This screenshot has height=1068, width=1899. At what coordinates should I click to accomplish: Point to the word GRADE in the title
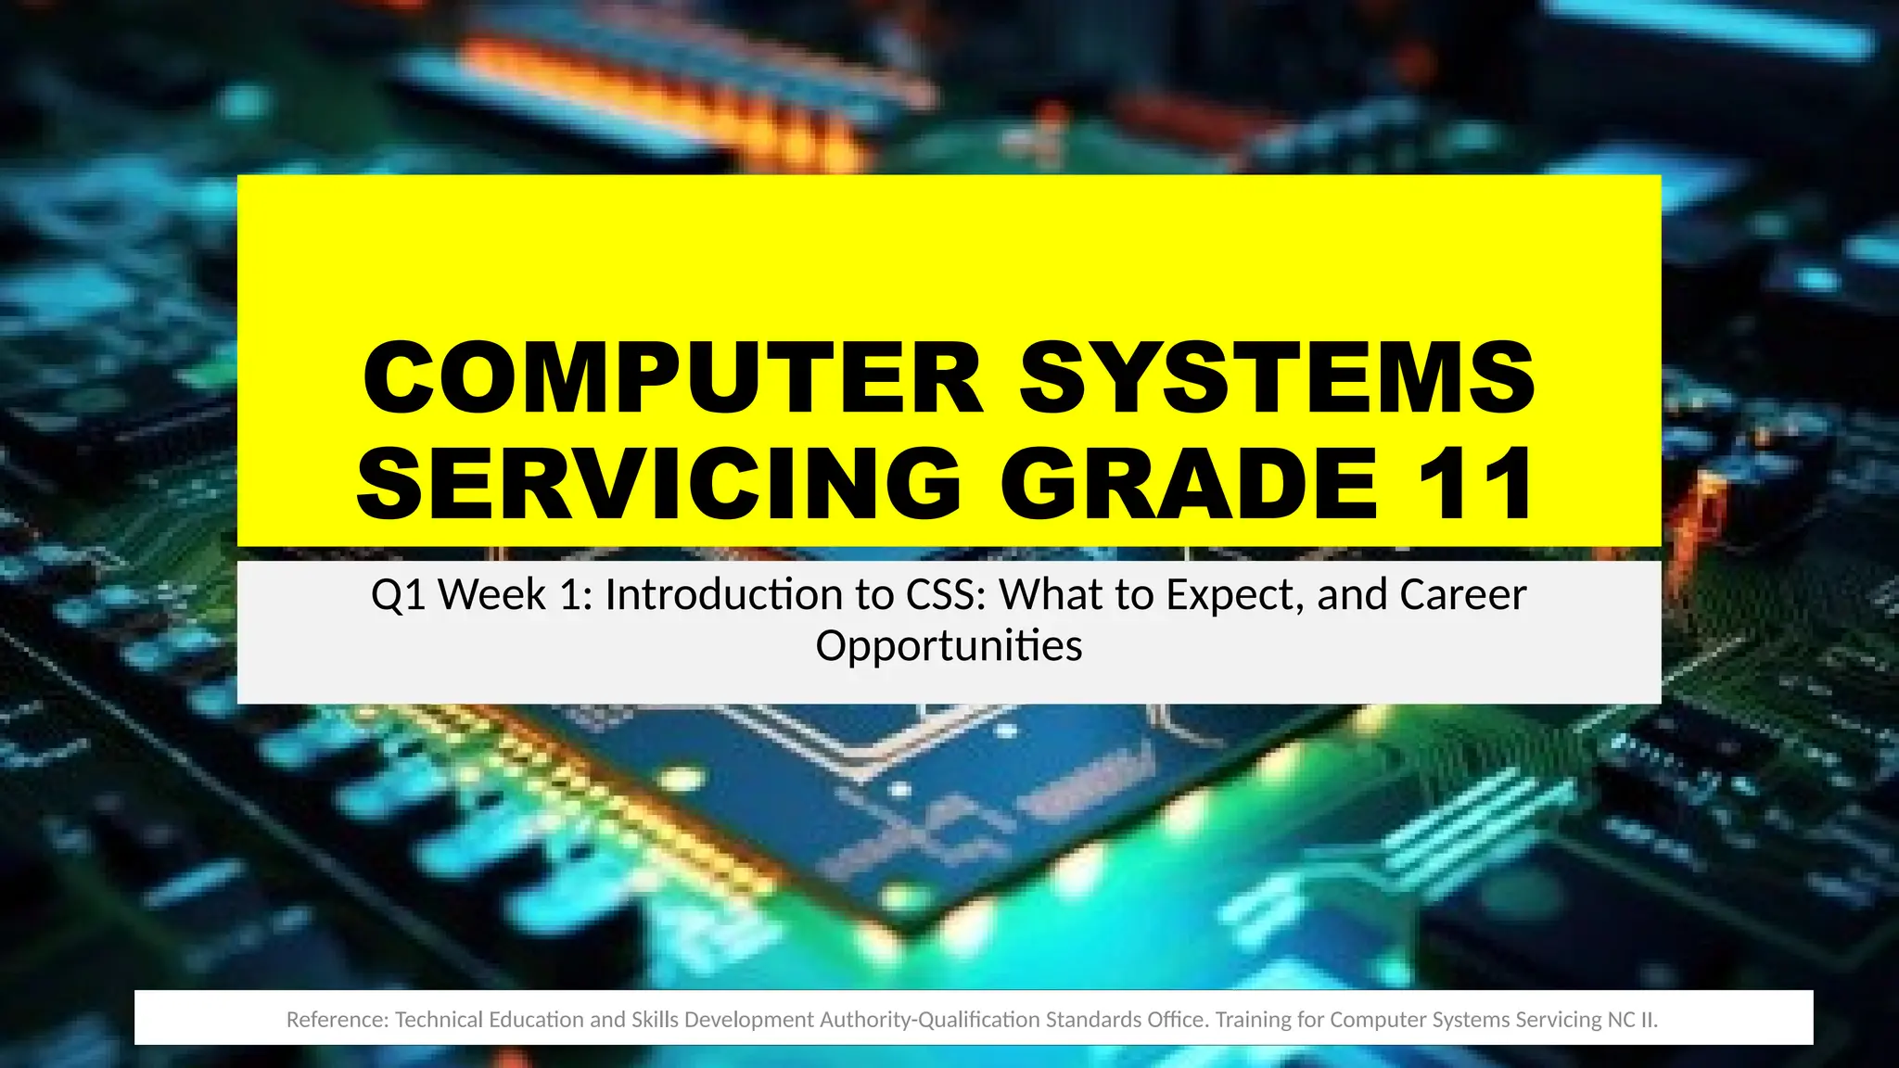pyautogui.click(x=1190, y=484)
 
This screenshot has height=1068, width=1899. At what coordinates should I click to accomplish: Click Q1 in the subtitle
pyautogui.click(x=398, y=595)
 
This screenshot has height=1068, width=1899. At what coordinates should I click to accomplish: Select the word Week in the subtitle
pyautogui.click(x=491, y=595)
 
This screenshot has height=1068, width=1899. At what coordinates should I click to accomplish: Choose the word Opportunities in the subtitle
pyautogui.click(x=949, y=646)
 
